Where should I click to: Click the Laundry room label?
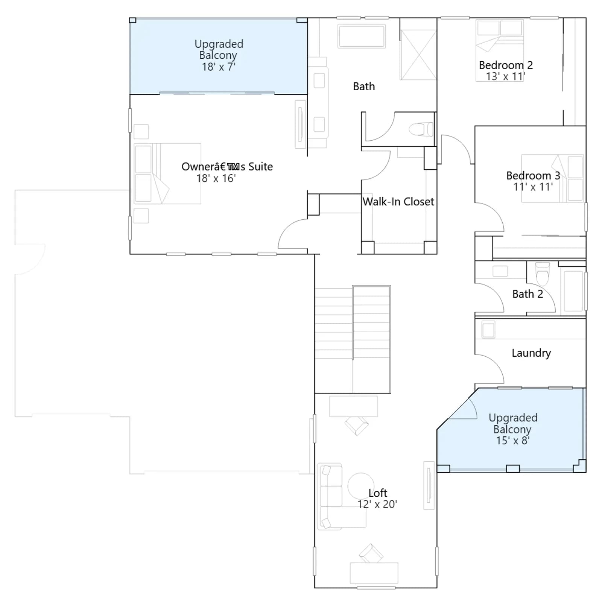pyautogui.click(x=531, y=353)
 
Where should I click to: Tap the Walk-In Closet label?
pyautogui.click(x=398, y=202)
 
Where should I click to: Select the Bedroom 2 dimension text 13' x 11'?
pyautogui.click(x=505, y=76)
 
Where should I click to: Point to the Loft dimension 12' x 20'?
pyautogui.click(x=377, y=504)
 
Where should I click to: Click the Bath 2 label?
pyautogui.click(x=528, y=294)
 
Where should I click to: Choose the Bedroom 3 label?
pyautogui.click(x=533, y=175)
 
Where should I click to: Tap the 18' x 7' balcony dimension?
pyautogui.click(x=219, y=67)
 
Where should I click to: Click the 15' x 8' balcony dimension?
pyautogui.click(x=513, y=441)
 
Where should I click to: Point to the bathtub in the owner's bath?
pyautogui.click(x=362, y=36)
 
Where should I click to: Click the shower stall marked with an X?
pyautogui.click(x=418, y=55)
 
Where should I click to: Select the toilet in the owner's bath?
pyautogui.click(x=421, y=129)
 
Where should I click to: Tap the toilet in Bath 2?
pyautogui.click(x=542, y=274)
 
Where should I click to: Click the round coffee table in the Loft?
pyautogui.click(x=361, y=486)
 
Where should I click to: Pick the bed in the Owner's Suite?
pyautogui.click(x=167, y=173)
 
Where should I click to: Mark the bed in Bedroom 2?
pyautogui.click(x=500, y=50)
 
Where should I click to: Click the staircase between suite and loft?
pyautogui.click(x=353, y=339)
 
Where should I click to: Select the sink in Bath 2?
pyautogui.click(x=500, y=271)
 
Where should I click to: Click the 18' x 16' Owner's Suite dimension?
pyautogui.click(x=216, y=178)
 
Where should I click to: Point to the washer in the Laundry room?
pyautogui.click(x=488, y=330)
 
